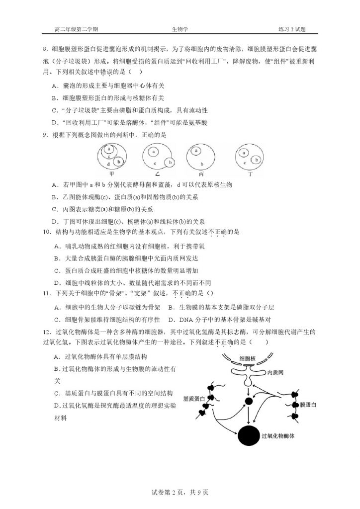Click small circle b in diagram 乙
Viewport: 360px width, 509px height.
click(171, 163)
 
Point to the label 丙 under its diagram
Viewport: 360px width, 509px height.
click(201, 174)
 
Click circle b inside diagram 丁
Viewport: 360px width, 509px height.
click(257, 160)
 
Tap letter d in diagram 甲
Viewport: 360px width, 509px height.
click(108, 164)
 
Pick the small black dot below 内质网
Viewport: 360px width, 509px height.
click(249, 401)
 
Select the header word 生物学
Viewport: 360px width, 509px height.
click(180, 29)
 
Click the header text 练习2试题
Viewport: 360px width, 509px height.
click(292, 29)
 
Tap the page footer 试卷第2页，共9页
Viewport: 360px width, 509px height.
click(180, 492)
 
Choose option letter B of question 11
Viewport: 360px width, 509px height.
click(171, 307)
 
